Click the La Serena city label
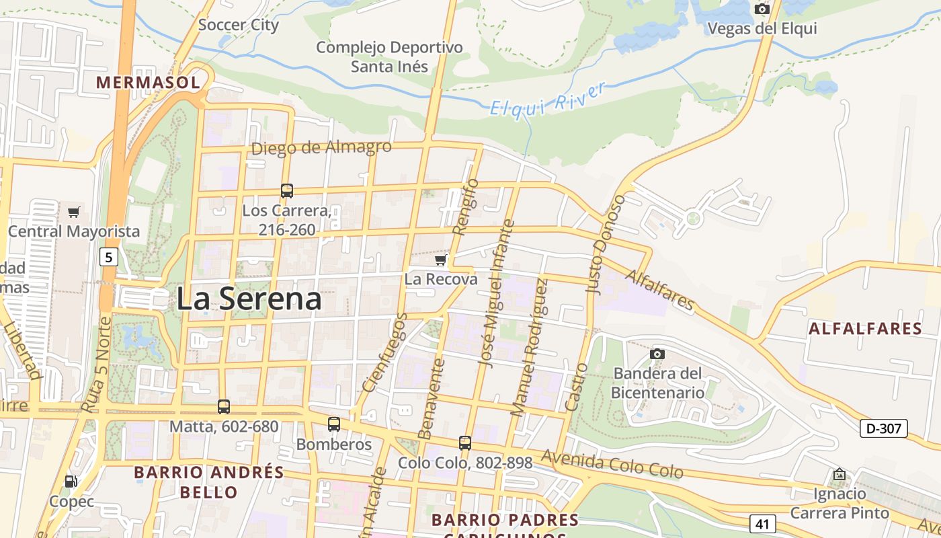[x=249, y=299]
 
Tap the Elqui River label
[x=548, y=100]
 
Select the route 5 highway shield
[x=109, y=256]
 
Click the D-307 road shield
[x=883, y=428]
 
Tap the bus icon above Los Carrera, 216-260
[x=287, y=190]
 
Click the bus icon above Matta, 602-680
[x=224, y=406]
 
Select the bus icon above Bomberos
[x=334, y=424]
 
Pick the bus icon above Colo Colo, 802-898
[x=465, y=443]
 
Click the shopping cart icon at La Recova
[x=441, y=260]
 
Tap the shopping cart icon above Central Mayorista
[x=74, y=212]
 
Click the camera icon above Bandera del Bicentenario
[x=657, y=354]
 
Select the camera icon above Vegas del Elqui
[x=762, y=9]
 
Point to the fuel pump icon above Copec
[x=71, y=482]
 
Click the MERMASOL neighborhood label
[x=148, y=83]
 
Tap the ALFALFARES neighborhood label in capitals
[x=865, y=329]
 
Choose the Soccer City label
[x=239, y=26]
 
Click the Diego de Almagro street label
[x=321, y=147]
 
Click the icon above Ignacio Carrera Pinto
[x=839, y=475]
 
